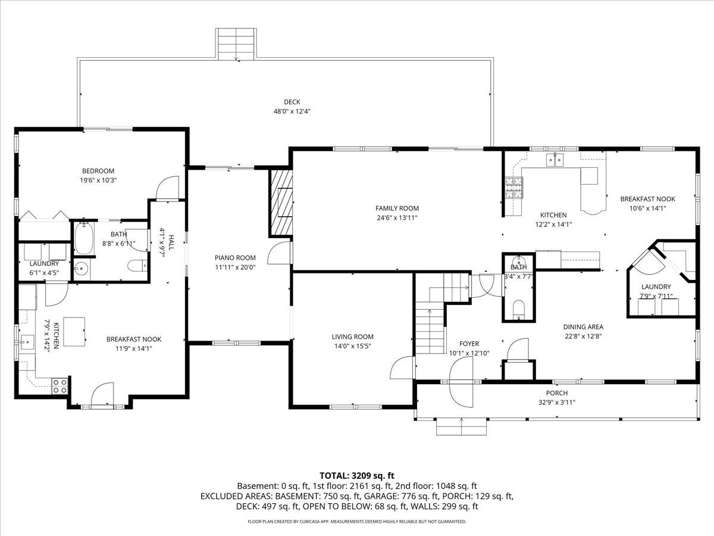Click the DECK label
(x=292, y=102)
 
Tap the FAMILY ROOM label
(x=397, y=208)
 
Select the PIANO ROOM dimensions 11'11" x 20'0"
(x=235, y=267)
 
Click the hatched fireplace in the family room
(x=282, y=202)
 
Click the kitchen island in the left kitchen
(x=74, y=331)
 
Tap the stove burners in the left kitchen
(x=59, y=386)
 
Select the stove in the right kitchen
(x=513, y=188)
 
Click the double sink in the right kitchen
(x=555, y=159)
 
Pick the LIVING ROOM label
(x=353, y=336)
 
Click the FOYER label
(x=469, y=344)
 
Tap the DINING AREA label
(x=583, y=326)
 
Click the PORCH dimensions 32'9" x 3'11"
(x=556, y=402)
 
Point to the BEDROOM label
(x=98, y=171)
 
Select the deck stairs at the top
(x=236, y=43)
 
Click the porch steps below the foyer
(x=462, y=426)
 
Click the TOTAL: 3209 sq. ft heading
(x=357, y=475)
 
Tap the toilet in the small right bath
(x=518, y=309)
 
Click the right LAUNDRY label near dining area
(x=656, y=286)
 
